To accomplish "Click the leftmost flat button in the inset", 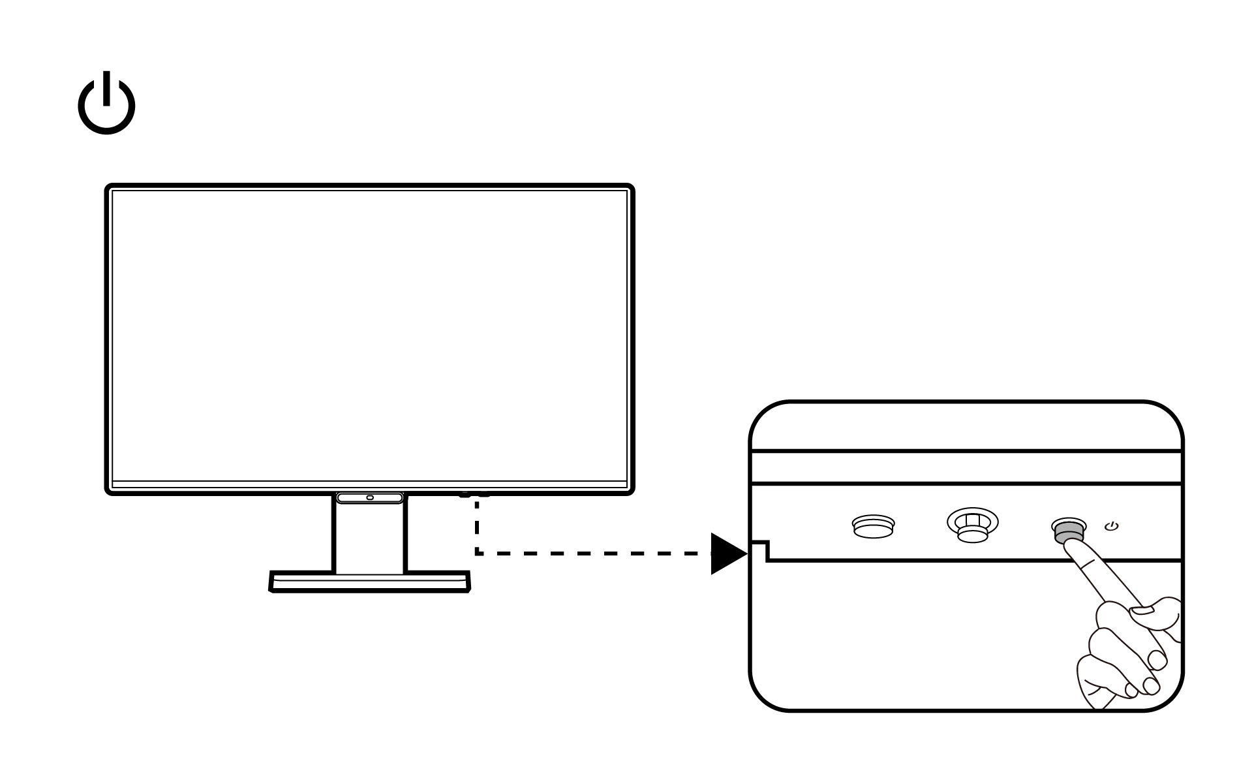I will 874,525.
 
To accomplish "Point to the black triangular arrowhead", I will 726,554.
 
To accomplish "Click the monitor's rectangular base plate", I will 369,582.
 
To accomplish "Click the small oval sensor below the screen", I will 370,498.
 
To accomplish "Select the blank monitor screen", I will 369,336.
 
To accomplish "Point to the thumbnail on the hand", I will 1143,610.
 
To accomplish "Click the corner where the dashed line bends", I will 478,554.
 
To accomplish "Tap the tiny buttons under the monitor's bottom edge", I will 474,494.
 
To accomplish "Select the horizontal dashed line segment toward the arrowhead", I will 594,554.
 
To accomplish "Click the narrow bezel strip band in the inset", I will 966,467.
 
